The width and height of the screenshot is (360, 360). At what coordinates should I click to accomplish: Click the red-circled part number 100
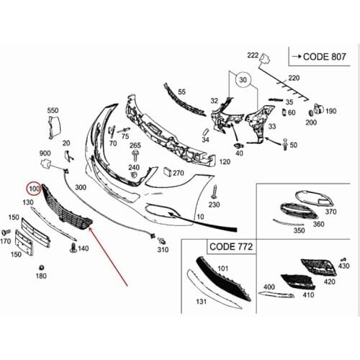[x=33, y=189]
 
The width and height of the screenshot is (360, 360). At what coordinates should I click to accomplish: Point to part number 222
[x=252, y=55]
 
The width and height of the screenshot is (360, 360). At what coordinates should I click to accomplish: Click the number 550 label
[x=53, y=110]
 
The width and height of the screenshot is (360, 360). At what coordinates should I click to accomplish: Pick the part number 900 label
[x=45, y=153]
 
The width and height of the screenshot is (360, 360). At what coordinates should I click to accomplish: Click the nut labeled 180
[x=41, y=267]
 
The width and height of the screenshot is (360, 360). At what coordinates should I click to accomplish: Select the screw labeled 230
[x=214, y=190]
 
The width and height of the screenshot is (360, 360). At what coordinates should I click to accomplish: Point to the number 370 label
[x=330, y=212]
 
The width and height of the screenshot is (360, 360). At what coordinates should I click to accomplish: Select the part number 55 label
[x=181, y=91]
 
